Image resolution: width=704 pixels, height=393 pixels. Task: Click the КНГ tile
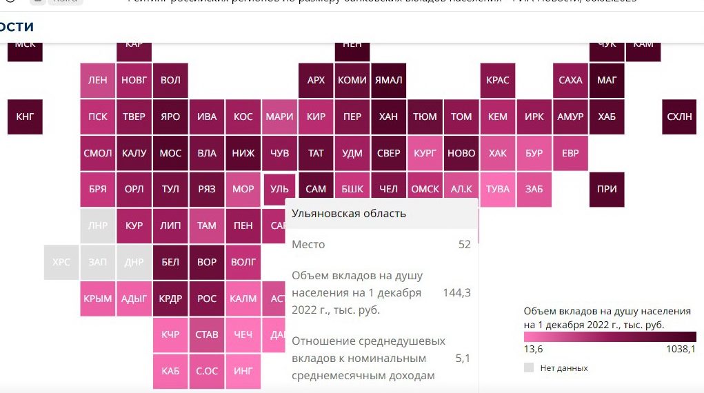point(25,117)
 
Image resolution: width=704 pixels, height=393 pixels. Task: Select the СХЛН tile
point(679,117)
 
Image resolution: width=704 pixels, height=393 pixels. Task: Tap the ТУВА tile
point(498,190)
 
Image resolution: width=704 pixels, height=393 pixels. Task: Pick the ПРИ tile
point(607,190)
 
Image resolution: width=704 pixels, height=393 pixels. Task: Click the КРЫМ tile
point(98,299)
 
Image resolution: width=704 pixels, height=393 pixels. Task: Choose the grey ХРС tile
point(61,262)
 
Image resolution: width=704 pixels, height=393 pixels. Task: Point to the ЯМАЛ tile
point(388,80)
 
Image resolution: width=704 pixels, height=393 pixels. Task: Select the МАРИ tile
point(279,117)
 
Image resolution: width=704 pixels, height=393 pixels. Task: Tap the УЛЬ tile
point(279,190)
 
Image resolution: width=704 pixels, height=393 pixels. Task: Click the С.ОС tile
point(207,371)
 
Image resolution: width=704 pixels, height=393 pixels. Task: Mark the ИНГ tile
point(243,371)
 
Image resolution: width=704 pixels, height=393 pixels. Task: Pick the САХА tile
point(570,80)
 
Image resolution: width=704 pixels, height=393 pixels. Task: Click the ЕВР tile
point(570,153)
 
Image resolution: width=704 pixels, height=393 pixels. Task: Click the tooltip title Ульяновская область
point(349,214)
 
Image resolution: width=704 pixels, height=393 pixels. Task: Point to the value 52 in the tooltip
point(465,245)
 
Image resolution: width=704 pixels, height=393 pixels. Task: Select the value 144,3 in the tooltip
point(456,293)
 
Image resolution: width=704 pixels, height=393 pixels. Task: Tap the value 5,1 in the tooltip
point(463,359)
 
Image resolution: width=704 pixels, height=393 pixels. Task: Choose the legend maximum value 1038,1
point(681,350)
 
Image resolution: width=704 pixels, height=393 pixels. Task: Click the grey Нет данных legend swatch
point(529,368)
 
